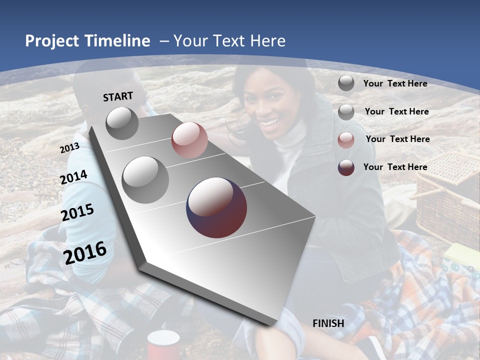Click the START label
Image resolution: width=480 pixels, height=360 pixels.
pos(118,96)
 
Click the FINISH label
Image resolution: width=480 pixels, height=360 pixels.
pos(328,323)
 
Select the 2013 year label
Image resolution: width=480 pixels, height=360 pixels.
pos(69,148)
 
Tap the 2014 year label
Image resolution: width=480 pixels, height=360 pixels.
pos(74,177)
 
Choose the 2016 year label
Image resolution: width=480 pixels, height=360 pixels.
pos(85,252)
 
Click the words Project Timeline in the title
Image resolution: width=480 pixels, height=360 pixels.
pos(87,41)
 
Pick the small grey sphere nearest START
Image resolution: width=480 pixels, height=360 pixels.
pos(122,123)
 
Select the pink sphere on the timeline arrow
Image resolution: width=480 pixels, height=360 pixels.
pos(189,140)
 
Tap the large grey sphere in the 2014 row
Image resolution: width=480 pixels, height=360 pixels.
pos(145,179)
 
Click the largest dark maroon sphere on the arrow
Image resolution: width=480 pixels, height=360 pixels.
pos(216,207)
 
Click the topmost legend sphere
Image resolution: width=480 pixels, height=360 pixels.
pos(346,83)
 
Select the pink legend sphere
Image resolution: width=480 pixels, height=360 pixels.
pos(346,140)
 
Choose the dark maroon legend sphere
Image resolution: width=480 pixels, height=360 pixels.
pos(346,167)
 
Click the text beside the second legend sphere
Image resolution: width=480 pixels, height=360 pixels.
pos(396,111)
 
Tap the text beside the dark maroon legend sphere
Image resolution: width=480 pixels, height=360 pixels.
pos(395,167)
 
